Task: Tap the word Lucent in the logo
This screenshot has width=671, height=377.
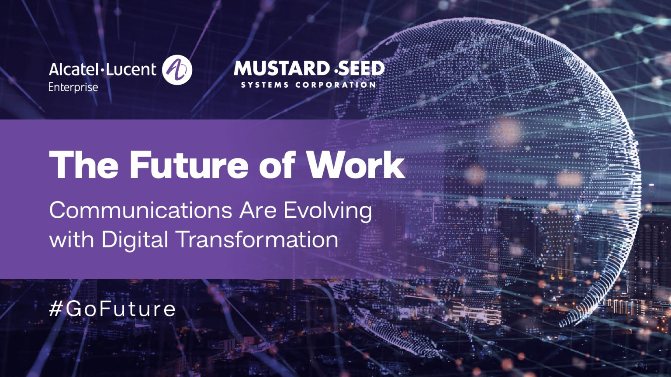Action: point(131,69)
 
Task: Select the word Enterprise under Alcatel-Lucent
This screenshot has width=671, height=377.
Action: point(73,87)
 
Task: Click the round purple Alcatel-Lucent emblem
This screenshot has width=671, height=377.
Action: point(177,70)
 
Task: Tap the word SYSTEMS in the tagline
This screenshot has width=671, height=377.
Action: point(265,85)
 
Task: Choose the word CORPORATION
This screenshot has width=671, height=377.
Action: point(335,85)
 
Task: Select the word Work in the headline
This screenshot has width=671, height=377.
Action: point(355,165)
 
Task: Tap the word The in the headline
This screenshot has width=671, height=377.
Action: point(84,165)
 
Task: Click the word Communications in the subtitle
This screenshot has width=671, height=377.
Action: point(141,210)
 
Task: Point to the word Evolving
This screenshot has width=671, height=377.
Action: point(328,211)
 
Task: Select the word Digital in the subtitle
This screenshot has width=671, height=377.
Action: point(135,240)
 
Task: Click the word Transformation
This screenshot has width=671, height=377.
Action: point(257,240)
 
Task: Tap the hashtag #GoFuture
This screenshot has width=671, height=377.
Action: point(112,309)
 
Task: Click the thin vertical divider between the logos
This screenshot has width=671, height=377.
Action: point(213,73)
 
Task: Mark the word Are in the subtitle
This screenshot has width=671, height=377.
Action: point(258,210)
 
